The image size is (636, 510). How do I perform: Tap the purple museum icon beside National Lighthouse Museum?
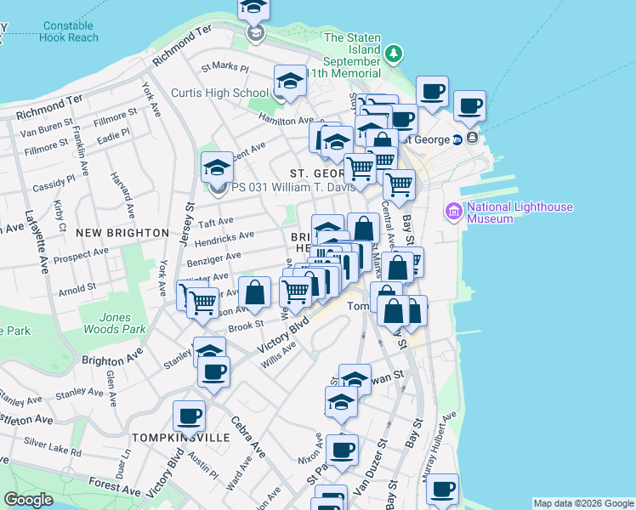click(x=453, y=211)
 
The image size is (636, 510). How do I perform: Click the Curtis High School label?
click(x=219, y=93)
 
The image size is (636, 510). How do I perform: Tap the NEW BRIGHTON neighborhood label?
click(x=122, y=232)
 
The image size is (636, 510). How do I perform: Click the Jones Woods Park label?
click(x=106, y=324)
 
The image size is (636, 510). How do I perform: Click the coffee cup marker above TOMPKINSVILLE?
click(x=189, y=416)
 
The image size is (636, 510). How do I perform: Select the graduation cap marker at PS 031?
click(x=217, y=167)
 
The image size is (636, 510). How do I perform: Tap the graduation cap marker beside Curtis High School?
click(x=290, y=82)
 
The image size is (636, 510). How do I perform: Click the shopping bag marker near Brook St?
click(x=254, y=292)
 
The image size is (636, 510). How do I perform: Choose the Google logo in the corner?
click(x=28, y=500)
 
